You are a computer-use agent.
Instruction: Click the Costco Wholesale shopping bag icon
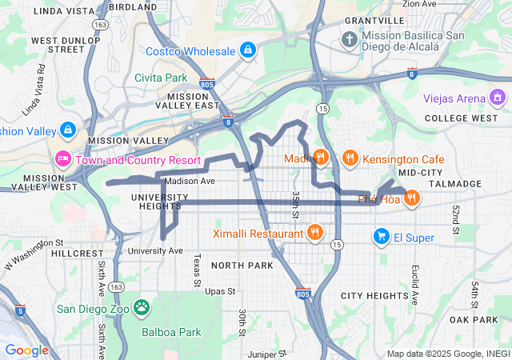pos(248,50)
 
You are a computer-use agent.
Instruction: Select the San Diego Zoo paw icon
pos(142,307)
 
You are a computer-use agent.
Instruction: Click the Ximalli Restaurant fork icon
pos(315,234)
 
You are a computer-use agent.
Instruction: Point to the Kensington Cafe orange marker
pos(350,158)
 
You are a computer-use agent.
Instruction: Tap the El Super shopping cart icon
pos(382,237)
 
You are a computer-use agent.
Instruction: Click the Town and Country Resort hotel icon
pos(63,158)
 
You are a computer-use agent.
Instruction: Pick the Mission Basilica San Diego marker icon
pos(350,38)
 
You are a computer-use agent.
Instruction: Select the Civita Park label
pos(160,78)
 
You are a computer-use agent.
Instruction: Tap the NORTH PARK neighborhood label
pos(242,265)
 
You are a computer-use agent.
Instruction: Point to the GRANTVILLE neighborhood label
pos(374,20)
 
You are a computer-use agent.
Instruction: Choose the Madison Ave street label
pos(190,181)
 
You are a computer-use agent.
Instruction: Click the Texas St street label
pos(196,270)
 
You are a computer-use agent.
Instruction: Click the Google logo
pos(26,350)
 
